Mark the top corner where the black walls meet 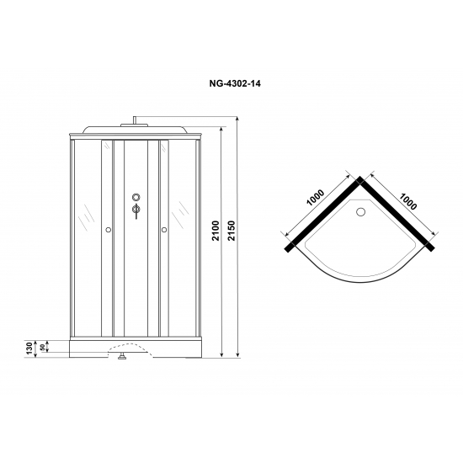(x=360, y=179)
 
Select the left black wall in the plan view (x=323, y=214)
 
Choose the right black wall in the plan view (x=397, y=214)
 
